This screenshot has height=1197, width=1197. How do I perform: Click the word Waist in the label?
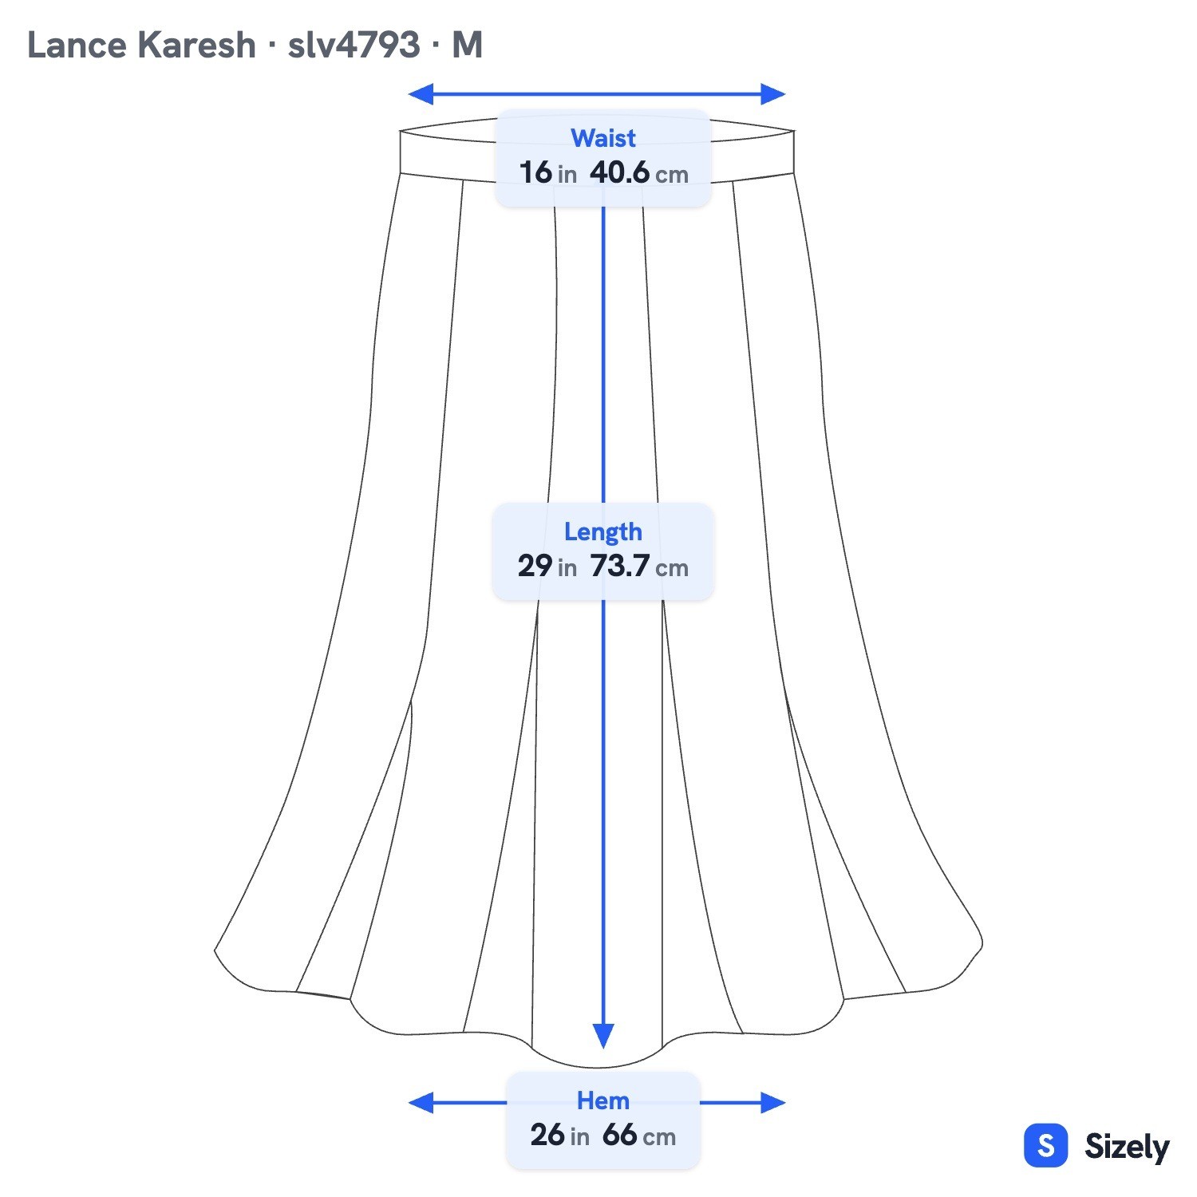coord(603,138)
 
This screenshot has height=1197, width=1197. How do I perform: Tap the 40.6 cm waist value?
coord(639,172)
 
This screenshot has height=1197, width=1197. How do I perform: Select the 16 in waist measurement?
coord(547,172)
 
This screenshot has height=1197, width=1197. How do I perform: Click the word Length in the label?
coord(603,531)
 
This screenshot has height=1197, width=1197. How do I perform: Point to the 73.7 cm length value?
coord(639,566)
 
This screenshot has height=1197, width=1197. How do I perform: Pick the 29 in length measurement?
coord(547,566)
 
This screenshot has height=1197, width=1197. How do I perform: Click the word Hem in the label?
coord(603,1100)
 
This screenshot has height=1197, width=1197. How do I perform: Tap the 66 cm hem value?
coord(639,1135)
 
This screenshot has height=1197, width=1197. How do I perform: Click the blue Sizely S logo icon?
coord(1045,1145)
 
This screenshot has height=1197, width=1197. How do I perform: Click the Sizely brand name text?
coord(1127,1147)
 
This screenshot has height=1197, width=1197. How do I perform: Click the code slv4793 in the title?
coord(354,45)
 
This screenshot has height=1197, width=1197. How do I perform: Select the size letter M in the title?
coord(468,45)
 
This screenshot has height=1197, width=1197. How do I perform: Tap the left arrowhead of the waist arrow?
coord(420,94)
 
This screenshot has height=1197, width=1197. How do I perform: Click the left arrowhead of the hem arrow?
coord(420,1103)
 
